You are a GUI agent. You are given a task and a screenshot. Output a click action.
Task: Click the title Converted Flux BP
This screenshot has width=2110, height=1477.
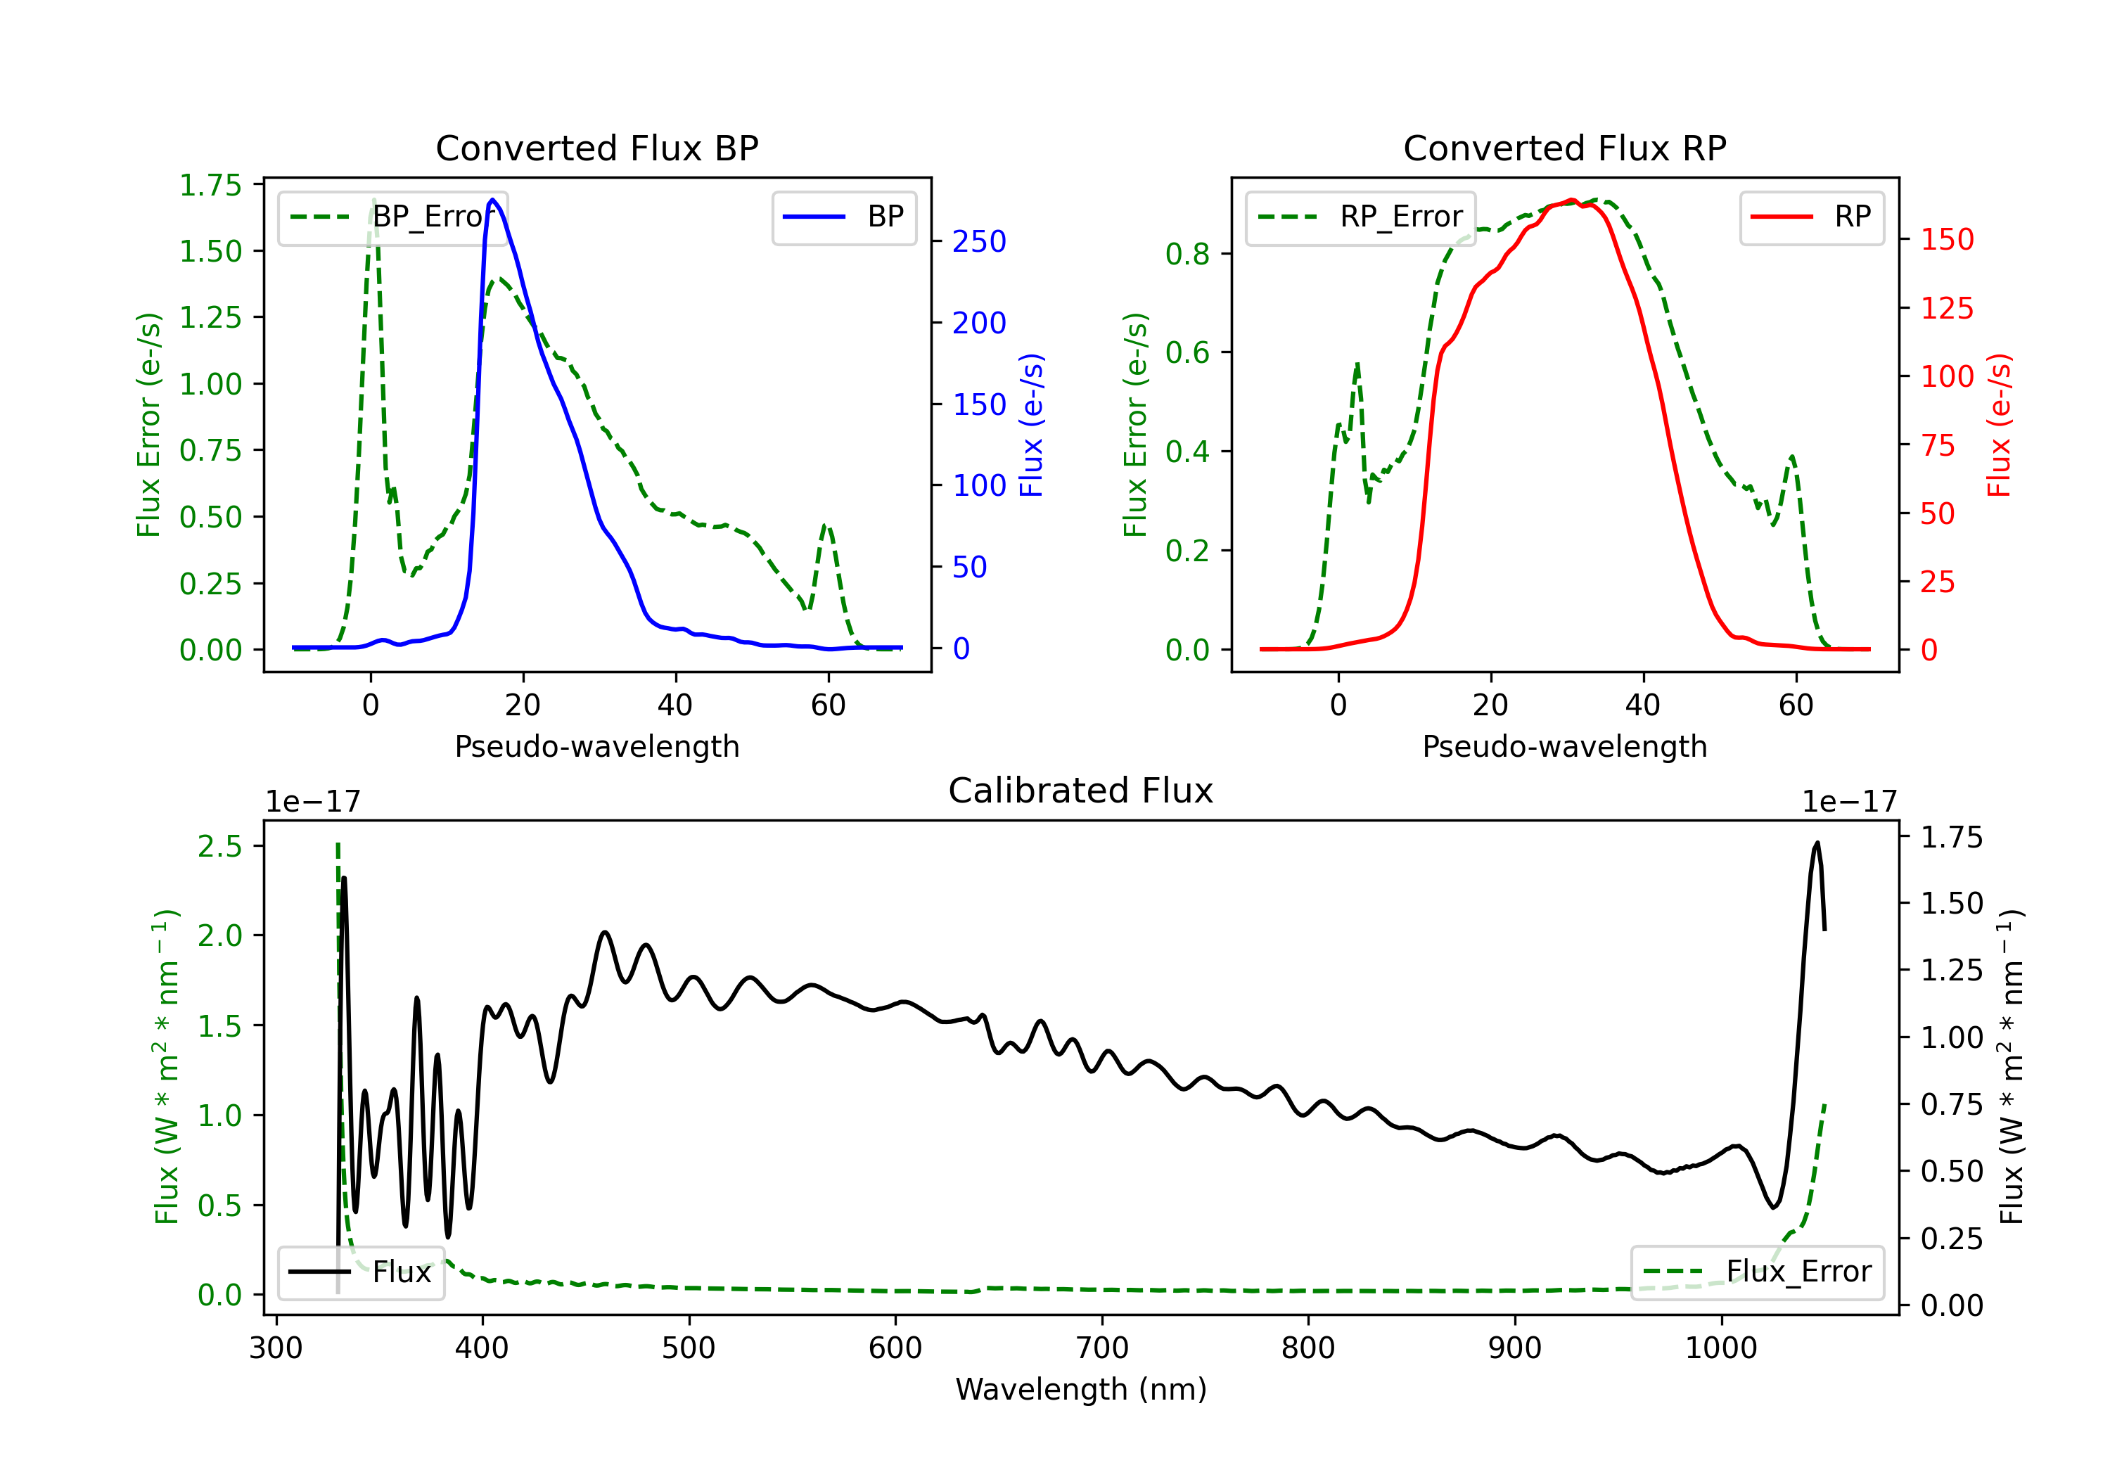(x=596, y=148)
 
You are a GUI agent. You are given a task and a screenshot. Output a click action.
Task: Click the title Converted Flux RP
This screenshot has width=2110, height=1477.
(x=1564, y=148)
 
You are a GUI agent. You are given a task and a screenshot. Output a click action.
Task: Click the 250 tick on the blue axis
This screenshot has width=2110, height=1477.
(x=979, y=242)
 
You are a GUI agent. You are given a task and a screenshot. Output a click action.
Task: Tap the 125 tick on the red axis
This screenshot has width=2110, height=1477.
(x=1946, y=308)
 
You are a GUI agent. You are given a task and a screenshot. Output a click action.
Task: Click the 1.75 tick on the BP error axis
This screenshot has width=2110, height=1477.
(x=210, y=185)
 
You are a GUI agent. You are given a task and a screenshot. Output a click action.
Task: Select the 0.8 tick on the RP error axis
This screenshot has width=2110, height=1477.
(x=1187, y=254)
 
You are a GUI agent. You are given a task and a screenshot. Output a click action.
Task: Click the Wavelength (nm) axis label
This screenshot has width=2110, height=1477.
(x=1081, y=1389)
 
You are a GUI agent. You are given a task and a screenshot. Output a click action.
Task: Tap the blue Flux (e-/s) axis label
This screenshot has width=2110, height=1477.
(x=1032, y=426)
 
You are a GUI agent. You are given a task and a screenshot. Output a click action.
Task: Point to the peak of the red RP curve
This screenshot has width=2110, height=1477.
(x=1571, y=200)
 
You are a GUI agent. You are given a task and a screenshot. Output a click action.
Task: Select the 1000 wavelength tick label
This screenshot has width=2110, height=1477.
(x=1720, y=1348)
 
